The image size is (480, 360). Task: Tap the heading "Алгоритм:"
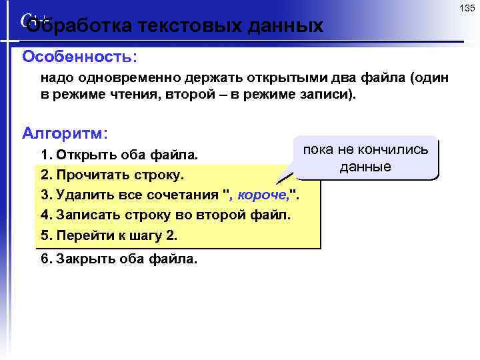tap(65, 133)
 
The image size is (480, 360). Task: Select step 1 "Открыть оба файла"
tap(119, 155)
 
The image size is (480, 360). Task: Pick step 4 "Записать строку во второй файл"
tap(165, 216)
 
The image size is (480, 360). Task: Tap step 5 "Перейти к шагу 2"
tap(109, 236)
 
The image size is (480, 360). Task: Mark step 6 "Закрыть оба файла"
tap(119, 259)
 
